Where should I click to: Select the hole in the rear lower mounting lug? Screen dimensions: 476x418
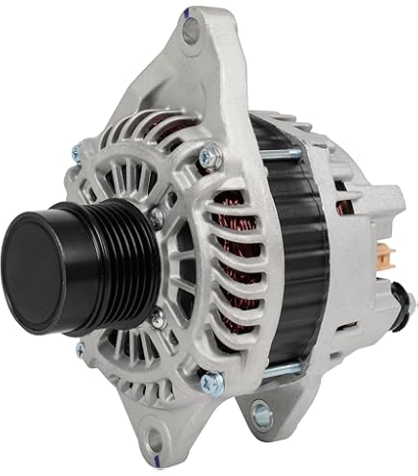click(258, 413)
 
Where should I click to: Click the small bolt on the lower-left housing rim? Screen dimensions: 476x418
click(82, 349)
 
